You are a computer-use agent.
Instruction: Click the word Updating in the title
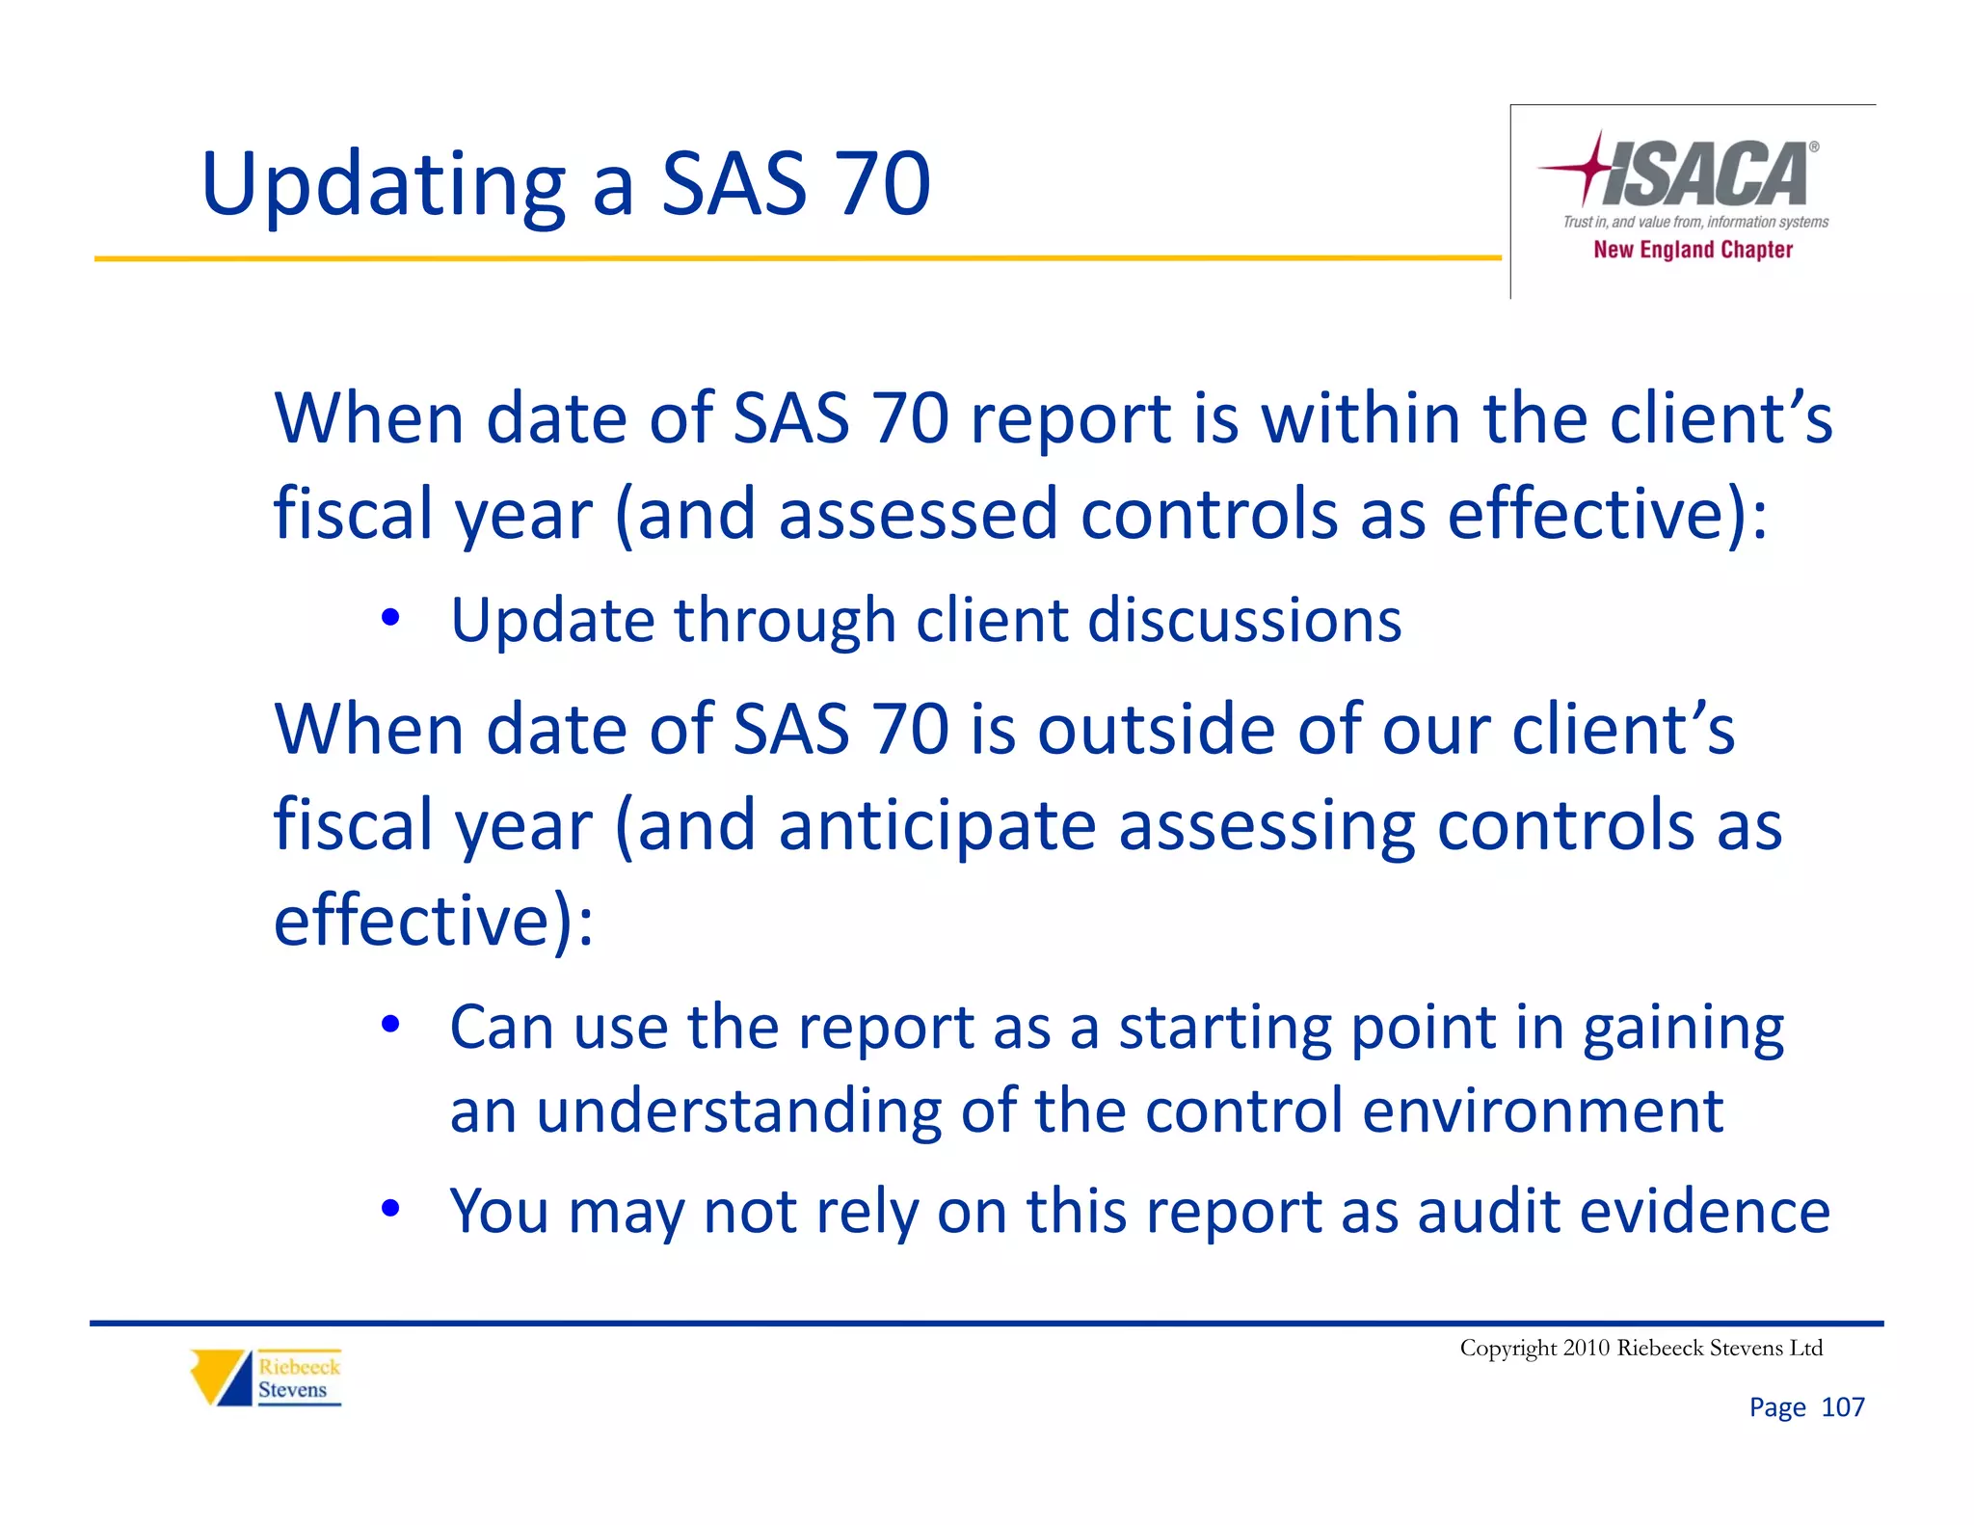[384, 185]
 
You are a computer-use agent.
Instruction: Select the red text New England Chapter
[1693, 250]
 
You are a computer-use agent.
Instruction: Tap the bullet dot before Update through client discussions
[389, 618]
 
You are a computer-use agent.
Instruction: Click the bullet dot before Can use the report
[389, 1025]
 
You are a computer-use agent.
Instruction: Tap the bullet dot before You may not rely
[389, 1208]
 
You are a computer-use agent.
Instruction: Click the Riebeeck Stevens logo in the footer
[266, 1378]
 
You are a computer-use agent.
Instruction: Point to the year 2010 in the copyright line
[1587, 1348]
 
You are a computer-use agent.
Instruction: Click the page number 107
[1842, 1407]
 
